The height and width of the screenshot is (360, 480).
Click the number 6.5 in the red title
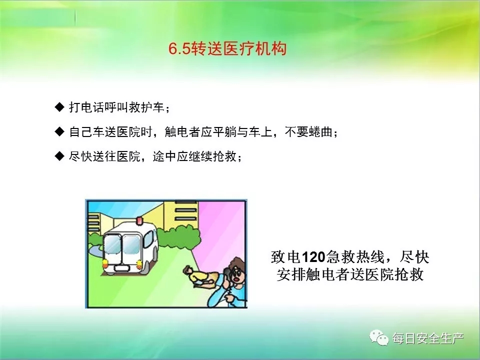pos(179,48)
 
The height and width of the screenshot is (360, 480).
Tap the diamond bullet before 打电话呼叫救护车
pos(59,107)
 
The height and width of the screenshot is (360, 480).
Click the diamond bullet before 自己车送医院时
pos(59,131)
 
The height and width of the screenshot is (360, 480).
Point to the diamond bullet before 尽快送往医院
pos(59,156)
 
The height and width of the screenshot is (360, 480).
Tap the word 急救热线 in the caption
pos(355,257)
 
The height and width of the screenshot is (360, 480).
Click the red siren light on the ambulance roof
pos(139,220)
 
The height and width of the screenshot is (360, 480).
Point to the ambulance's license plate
pos(122,268)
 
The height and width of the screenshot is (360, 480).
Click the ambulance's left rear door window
pos(112,244)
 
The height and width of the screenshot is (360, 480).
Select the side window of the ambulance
pos(148,239)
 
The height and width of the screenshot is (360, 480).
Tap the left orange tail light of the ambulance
pos(105,263)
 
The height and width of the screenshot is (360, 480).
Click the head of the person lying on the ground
pos(187,270)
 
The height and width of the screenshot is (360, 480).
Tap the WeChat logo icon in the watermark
pos(379,337)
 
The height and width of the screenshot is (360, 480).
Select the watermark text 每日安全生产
pos(428,338)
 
